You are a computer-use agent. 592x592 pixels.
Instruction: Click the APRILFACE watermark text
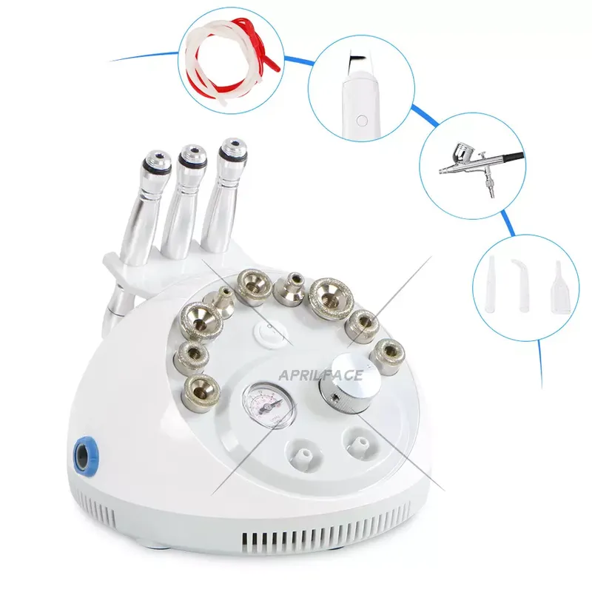320,375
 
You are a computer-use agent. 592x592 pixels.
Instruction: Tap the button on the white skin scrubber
360,118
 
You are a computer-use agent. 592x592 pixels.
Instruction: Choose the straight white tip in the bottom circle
491,278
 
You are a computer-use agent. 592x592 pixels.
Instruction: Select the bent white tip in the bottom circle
520,278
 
